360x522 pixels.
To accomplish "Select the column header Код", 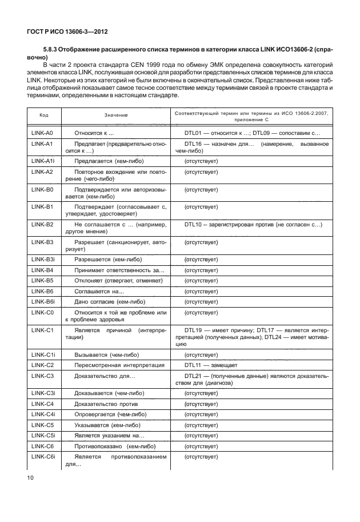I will pyautogui.click(x=43, y=115).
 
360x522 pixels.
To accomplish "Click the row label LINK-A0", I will pyautogui.click(x=42, y=133).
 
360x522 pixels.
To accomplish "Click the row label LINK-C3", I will pyautogui.click(x=42, y=375).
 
